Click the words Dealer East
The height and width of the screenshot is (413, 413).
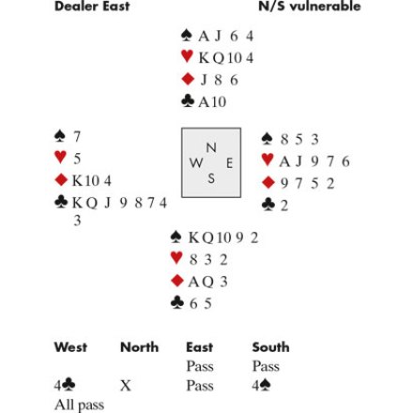click(92, 7)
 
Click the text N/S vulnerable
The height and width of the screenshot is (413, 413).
click(310, 7)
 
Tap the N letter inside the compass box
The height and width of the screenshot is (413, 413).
click(211, 147)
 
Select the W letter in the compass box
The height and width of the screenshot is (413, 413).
click(196, 162)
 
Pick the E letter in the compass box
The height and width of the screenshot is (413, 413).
click(229, 163)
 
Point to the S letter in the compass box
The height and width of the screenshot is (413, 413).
click(211, 178)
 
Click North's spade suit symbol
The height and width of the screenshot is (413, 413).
click(187, 36)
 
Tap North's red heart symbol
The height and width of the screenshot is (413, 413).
click(187, 56)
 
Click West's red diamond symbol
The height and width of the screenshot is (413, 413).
click(61, 180)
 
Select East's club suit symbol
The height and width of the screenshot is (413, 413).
click(268, 205)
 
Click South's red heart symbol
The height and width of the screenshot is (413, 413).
click(176, 258)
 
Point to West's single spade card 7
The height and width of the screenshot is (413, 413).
click(77, 136)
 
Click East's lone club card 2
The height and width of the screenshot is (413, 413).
click(284, 206)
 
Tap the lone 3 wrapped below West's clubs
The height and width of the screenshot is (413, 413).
click(77, 221)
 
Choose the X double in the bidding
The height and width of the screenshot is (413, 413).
click(125, 386)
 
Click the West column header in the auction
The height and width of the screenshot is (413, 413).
click(70, 347)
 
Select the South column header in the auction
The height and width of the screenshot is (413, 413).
click(270, 347)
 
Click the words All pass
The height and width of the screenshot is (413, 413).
click(79, 405)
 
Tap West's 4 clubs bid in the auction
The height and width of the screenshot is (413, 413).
click(65, 386)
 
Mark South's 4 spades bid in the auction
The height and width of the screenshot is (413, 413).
click(261, 386)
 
